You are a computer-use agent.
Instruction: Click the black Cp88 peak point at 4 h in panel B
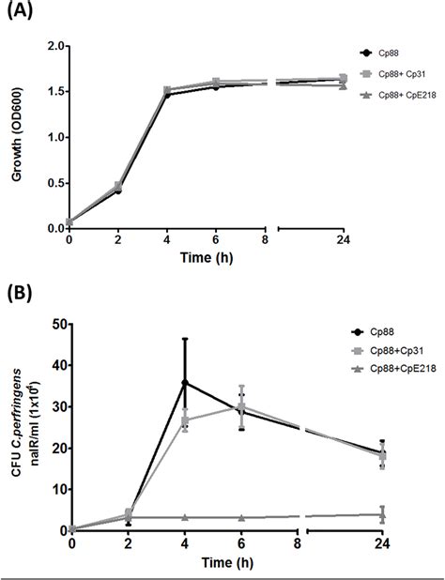pos(184,382)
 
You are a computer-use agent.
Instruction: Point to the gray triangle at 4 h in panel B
pos(184,517)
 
